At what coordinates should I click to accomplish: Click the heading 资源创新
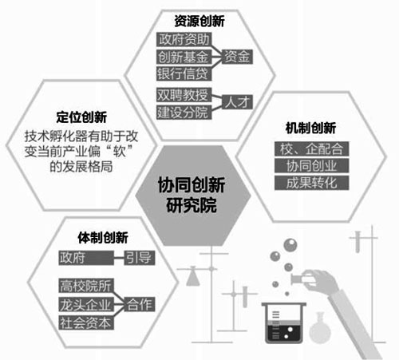[199, 22]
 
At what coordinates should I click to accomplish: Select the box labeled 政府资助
[184, 40]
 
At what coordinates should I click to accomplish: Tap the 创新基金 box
[184, 57]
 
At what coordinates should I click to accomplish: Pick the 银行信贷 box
[184, 73]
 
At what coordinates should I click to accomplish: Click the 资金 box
[237, 57]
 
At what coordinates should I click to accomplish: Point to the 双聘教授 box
[184, 95]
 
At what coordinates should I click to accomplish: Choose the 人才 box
[237, 102]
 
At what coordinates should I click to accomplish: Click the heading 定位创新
[81, 117]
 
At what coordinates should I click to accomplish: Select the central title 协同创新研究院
[192, 195]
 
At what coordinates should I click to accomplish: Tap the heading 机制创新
[310, 129]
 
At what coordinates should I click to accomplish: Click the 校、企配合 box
[311, 148]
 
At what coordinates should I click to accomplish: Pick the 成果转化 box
[311, 183]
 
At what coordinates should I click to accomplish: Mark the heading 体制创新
[103, 238]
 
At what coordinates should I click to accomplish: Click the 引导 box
[140, 258]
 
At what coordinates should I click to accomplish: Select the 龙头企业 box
[86, 305]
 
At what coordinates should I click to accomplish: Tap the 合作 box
[140, 305]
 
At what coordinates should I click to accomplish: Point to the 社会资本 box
[86, 322]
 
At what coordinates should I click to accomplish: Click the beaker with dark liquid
[284, 322]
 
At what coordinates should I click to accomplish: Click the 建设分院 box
[184, 112]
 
